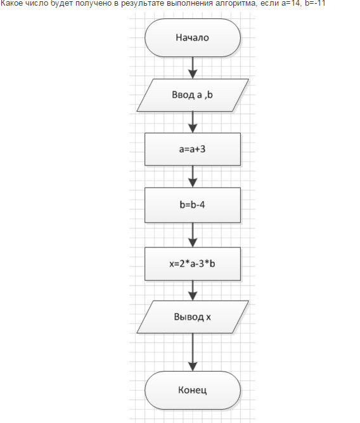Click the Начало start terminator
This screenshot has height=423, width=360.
(x=193, y=38)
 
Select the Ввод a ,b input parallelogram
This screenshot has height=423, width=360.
(x=193, y=95)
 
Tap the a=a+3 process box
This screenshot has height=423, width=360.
(x=193, y=149)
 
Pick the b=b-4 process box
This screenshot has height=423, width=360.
(x=193, y=205)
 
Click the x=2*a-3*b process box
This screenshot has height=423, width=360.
(x=193, y=264)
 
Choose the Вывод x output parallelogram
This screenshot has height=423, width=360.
(x=193, y=316)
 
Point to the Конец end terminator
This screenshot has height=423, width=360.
(x=193, y=390)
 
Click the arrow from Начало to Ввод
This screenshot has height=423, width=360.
(x=193, y=68)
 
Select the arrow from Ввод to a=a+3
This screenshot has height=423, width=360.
(x=193, y=122)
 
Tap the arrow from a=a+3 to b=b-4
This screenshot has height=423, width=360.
(x=193, y=176)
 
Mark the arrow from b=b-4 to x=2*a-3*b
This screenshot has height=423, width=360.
(x=193, y=235)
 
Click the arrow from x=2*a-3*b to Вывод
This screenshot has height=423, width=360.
(x=193, y=290)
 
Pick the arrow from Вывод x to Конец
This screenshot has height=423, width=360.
(x=193, y=352)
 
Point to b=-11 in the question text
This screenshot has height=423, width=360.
(x=315, y=3)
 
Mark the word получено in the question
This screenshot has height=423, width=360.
(x=93, y=3)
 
